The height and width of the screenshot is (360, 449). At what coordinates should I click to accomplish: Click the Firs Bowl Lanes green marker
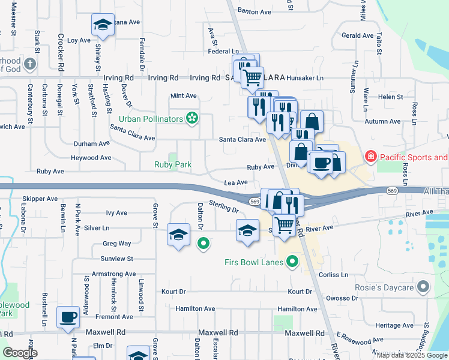tap(292, 261)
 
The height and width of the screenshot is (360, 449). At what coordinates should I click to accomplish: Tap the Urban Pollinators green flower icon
tap(192, 119)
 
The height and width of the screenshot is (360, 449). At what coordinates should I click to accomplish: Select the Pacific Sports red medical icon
tap(371, 157)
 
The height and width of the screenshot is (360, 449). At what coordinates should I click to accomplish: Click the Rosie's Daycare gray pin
tap(424, 287)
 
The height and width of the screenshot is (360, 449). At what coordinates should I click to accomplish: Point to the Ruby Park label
tap(173, 164)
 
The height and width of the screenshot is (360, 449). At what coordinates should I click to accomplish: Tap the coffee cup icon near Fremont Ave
tap(68, 316)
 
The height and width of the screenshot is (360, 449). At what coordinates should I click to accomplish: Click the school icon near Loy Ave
tap(103, 25)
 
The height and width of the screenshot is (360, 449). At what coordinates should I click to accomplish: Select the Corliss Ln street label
tap(334, 274)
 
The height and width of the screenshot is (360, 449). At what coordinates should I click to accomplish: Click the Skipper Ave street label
tap(40, 199)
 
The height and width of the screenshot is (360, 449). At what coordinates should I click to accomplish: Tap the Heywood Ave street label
tap(91, 158)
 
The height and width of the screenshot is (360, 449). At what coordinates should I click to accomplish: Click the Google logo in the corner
tap(20, 353)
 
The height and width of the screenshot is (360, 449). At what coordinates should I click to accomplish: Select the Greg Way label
tap(116, 244)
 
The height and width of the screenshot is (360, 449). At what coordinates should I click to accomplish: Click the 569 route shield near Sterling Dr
tap(255, 202)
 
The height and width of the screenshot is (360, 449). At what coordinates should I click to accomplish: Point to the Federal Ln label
tap(224, 52)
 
